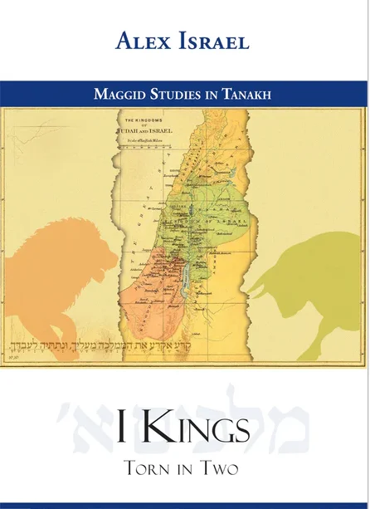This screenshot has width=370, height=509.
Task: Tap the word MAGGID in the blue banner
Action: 122,94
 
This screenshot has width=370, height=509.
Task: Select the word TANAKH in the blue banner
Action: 246,94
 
